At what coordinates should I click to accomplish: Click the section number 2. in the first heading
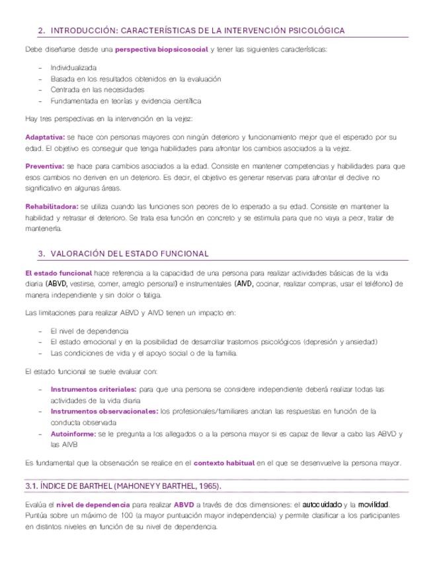point(42,30)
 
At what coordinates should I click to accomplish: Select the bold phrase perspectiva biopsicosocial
point(161,49)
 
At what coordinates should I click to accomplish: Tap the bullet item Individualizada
point(73,67)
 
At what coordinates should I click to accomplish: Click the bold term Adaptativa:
point(44,137)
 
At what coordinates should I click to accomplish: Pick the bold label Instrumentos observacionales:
point(104,411)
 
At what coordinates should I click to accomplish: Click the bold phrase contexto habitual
point(225,462)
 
